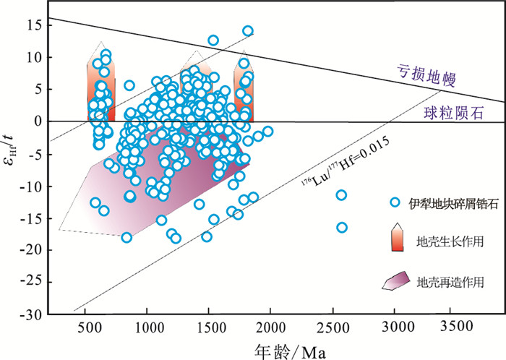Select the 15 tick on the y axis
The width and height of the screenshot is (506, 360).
tap(38, 25)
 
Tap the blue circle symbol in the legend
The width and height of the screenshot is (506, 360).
tap(394, 202)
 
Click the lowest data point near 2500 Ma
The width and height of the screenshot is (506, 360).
tap(342, 228)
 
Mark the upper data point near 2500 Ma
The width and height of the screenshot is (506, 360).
tap(341, 195)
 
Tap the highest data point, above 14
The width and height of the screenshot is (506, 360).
tap(248, 31)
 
